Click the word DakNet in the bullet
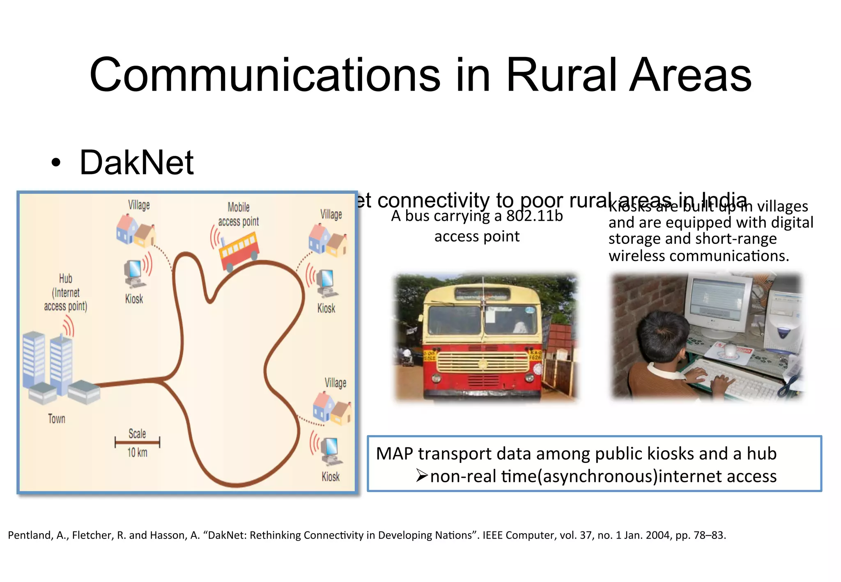[x=136, y=163]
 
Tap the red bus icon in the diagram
[x=239, y=250]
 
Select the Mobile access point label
[x=238, y=214]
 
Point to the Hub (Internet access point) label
[x=66, y=292]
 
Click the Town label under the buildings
[x=57, y=419]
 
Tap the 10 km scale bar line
[x=137, y=442]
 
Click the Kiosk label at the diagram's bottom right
[x=331, y=477]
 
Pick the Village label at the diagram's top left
[x=139, y=205]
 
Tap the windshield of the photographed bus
[x=482, y=320]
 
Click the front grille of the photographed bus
[x=483, y=362]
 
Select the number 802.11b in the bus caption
[x=534, y=216]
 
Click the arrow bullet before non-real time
[x=422, y=476]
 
